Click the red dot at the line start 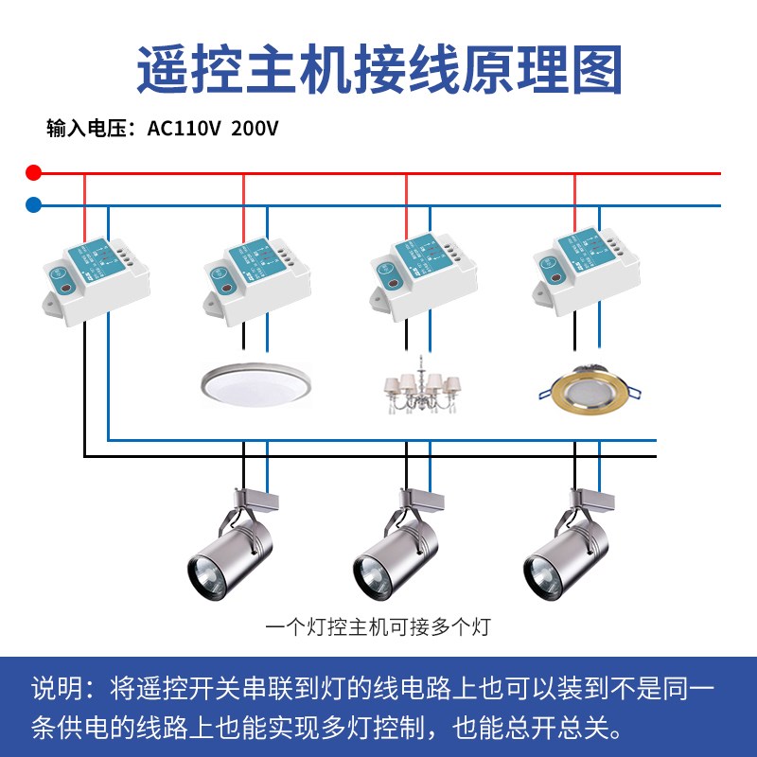pos(34,173)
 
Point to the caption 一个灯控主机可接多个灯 pos(378,626)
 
